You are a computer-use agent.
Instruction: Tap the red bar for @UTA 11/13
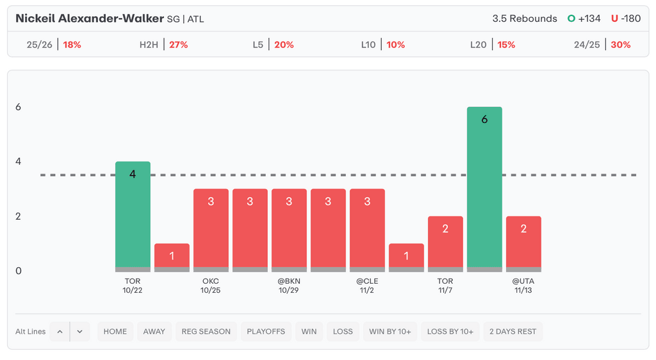pos(523,243)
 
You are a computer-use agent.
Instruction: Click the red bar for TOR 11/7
pos(445,243)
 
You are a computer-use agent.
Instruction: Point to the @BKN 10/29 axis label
pos(289,286)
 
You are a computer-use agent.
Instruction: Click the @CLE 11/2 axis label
pos(367,286)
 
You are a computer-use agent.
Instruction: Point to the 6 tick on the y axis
pos(19,107)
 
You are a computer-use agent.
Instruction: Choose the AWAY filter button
pos(154,331)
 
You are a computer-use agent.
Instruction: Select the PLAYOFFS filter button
pos(266,331)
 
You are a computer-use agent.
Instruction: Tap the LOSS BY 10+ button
pos(450,331)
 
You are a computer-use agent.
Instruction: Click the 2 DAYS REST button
pos(513,331)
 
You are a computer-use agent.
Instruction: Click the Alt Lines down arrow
pos(80,331)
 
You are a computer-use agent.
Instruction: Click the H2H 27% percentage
pos(178,45)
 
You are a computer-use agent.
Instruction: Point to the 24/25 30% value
pos(620,45)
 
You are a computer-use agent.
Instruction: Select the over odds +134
pos(589,19)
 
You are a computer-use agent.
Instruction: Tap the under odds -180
pos(630,19)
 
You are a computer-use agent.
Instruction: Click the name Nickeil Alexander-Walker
pos(89,19)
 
